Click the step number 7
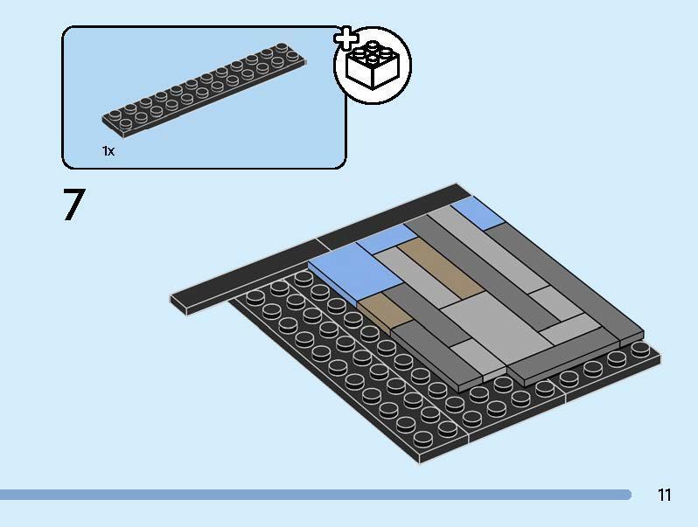coord(73,205)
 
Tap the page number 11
coord(664,495)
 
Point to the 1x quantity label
coord(108,151)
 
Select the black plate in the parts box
coord(205,90)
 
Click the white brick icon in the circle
coord(373,66)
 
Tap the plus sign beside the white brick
coord(346,38)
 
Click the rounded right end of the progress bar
coord(627,495)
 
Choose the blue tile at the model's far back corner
coord(478,212)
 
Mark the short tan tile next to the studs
coord(386,313)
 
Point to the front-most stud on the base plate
coord(422,440)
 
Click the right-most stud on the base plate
coord(640,349)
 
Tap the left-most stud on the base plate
coord(255,297)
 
